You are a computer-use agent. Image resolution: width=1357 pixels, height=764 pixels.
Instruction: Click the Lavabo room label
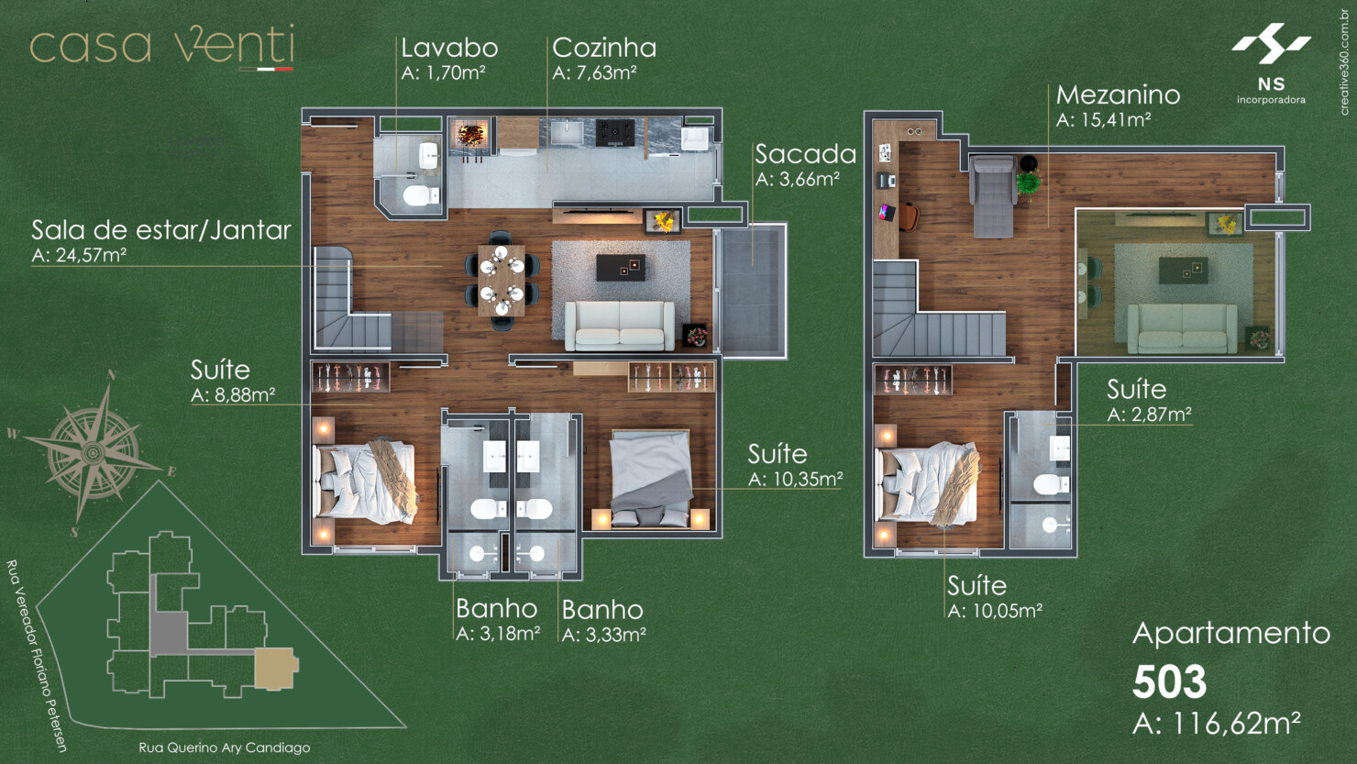point(448,48)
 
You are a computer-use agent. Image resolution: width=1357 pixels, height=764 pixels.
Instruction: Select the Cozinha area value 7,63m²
point(594,73)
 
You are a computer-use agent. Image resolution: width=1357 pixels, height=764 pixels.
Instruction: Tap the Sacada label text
point(805,154)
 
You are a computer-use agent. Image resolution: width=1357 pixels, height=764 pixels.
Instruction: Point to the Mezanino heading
point(1117,94)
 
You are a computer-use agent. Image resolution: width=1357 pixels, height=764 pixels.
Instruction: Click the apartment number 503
point(1169,681)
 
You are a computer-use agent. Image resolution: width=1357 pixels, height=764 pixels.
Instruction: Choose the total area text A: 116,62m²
point(1216,724)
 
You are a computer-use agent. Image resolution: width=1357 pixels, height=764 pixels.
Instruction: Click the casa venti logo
point(162,47)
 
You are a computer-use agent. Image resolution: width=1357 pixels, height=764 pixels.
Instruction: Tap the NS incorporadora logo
point(1271,64)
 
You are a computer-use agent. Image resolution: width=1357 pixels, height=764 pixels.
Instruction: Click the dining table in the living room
point(501,279)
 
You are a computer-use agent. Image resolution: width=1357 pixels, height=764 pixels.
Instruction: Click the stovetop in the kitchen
point(614,133)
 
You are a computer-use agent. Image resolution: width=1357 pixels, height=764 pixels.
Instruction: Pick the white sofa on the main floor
point(620,326)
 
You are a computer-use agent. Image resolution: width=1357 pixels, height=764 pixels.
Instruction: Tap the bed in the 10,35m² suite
point(650,480)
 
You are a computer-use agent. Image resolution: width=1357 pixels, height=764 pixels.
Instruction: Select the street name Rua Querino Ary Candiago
point(224,747)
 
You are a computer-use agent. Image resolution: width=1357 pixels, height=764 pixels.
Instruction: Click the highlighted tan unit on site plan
point(275,669)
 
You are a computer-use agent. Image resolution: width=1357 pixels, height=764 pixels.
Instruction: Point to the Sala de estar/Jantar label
point(160,230)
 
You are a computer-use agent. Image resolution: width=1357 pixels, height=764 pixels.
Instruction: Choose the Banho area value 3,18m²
point(497,634)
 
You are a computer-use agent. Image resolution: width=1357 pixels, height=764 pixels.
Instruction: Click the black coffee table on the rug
point(621,268)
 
